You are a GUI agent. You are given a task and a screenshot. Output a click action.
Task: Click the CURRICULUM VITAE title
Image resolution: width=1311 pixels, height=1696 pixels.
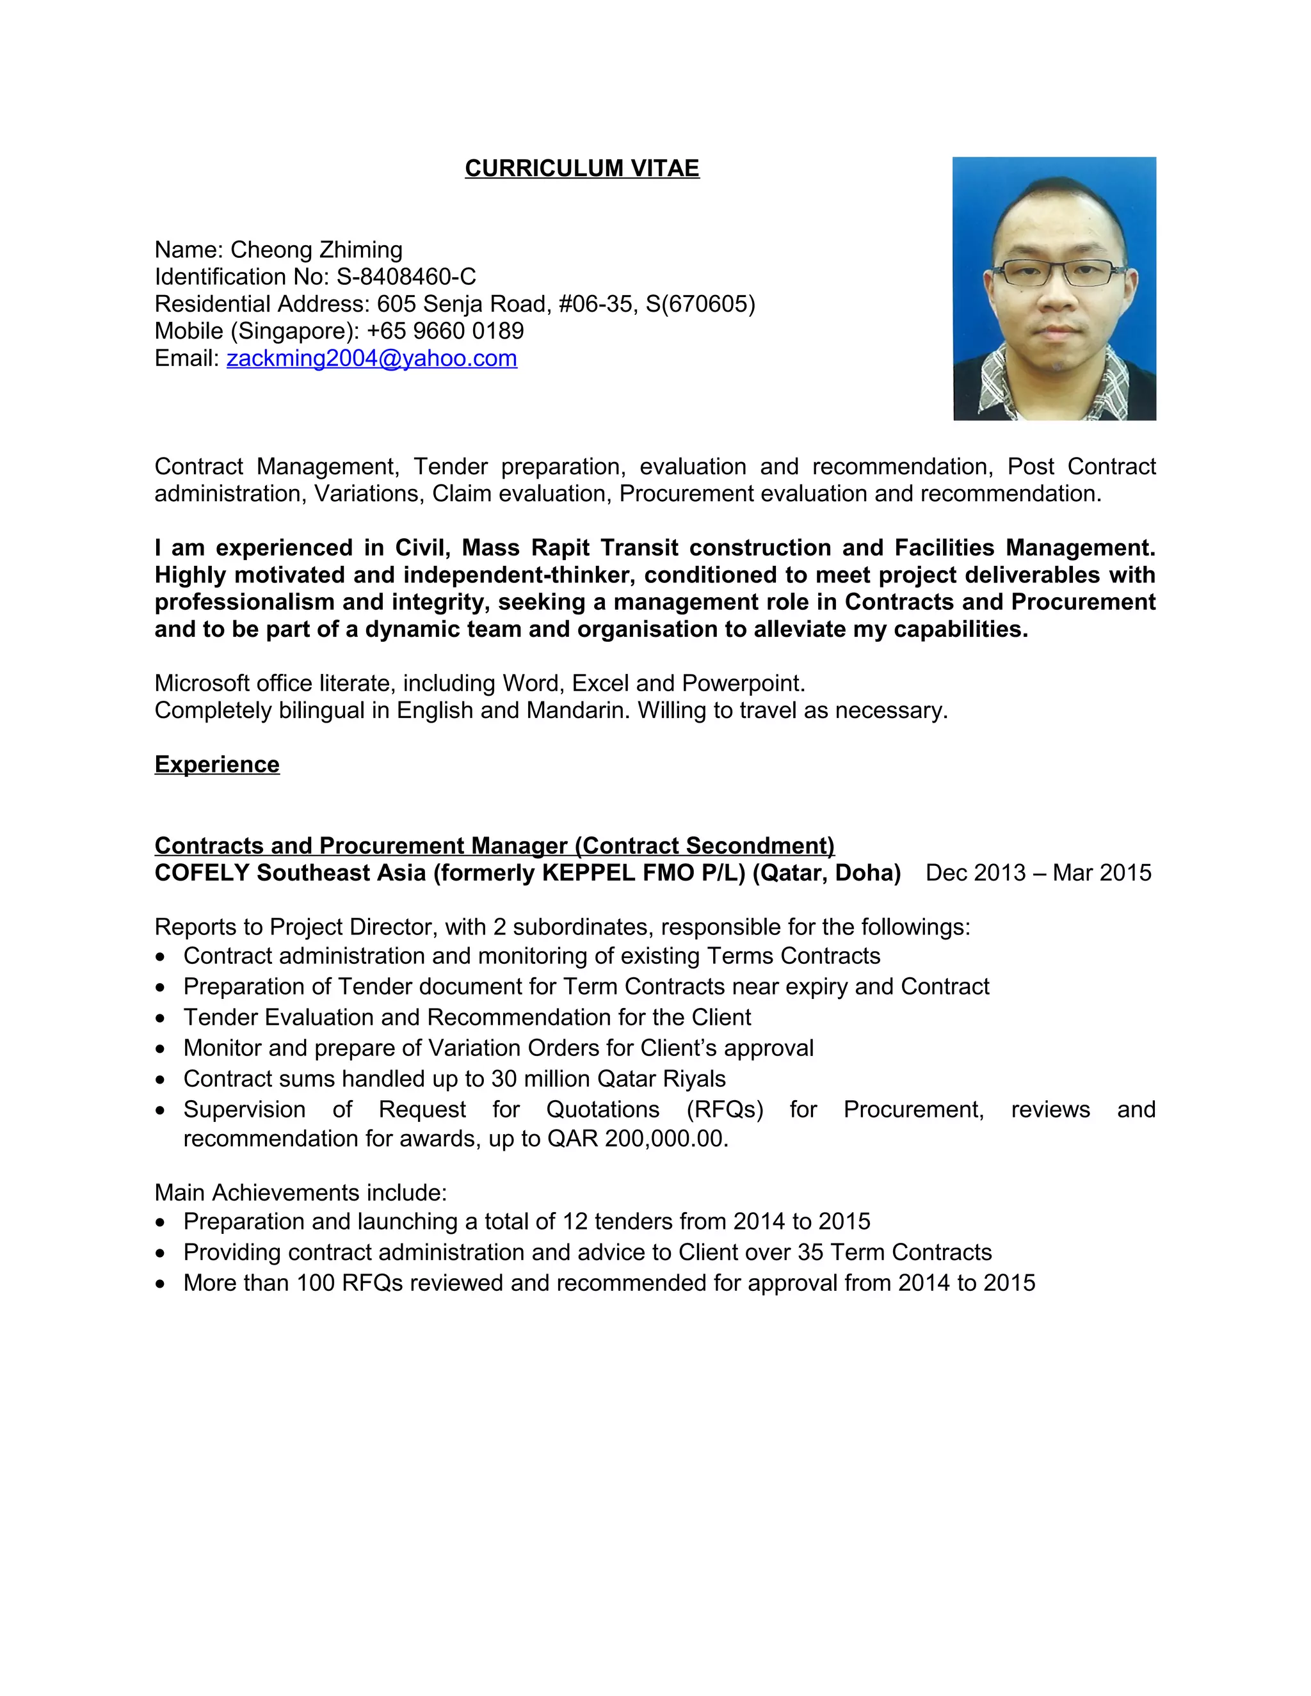582,168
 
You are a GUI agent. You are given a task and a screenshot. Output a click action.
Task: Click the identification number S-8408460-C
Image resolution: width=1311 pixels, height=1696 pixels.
406,276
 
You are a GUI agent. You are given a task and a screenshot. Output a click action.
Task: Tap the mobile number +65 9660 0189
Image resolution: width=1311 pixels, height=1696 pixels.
445,331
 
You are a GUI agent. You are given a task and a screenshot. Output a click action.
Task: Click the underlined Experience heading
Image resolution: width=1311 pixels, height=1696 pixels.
217,764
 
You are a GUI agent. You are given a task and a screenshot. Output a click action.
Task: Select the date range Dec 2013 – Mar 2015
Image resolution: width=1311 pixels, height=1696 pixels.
1038,873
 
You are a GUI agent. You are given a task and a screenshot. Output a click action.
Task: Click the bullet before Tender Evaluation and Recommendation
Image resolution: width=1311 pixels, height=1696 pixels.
161,1018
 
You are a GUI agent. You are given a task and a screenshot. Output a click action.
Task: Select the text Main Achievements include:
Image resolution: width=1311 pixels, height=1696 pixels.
301,1193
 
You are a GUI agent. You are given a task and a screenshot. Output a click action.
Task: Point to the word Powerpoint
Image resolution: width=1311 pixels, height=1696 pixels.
743,684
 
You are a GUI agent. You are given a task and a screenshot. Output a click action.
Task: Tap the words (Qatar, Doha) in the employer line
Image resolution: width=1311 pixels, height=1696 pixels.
826,873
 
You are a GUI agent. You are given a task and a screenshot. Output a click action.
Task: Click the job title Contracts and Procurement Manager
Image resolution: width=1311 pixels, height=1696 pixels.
361,845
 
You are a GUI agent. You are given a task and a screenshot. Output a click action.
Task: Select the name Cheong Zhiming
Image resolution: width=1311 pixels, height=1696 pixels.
316,250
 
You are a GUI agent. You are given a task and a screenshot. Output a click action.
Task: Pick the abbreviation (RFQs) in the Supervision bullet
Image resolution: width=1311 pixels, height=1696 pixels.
725,1110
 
